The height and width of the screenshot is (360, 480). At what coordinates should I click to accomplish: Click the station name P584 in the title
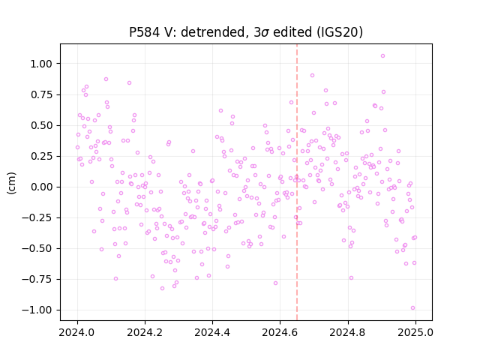(x=144, y=32)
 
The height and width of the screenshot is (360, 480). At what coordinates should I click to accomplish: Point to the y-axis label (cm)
(x=11, y=183)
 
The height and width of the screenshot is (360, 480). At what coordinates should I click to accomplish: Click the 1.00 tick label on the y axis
(x=41, y=64)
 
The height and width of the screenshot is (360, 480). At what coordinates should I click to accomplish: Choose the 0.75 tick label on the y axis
(x=41, y=94)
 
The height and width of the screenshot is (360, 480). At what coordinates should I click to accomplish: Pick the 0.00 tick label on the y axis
(x=41, y=187)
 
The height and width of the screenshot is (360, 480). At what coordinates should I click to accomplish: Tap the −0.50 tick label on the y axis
(x=37, y=248)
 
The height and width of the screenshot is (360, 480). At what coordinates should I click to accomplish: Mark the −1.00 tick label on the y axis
(x=37, y=310)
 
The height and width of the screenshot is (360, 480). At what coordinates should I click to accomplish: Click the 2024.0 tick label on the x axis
(x=77, y=332)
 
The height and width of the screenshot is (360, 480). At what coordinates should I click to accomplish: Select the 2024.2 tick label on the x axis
(x=145, y=332)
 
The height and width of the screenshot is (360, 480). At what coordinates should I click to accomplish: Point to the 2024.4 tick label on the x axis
(x=212, y=332)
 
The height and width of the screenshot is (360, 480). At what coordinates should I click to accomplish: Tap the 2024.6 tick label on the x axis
(x=280, y=332)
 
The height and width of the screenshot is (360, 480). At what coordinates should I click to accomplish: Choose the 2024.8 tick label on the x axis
(x=348, y=332)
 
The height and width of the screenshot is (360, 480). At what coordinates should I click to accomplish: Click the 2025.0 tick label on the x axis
(x=415, y=332)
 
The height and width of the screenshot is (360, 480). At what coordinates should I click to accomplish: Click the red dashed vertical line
(x=297, y=182)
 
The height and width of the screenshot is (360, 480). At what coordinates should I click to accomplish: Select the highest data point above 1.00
(x=382, y=56)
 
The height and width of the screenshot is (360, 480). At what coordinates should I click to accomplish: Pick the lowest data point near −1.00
(x=412, y=308)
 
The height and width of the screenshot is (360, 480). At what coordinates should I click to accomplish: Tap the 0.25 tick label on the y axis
(x=41, y=156)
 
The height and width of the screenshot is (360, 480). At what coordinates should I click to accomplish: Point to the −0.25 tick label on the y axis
(x=37, y=217)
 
